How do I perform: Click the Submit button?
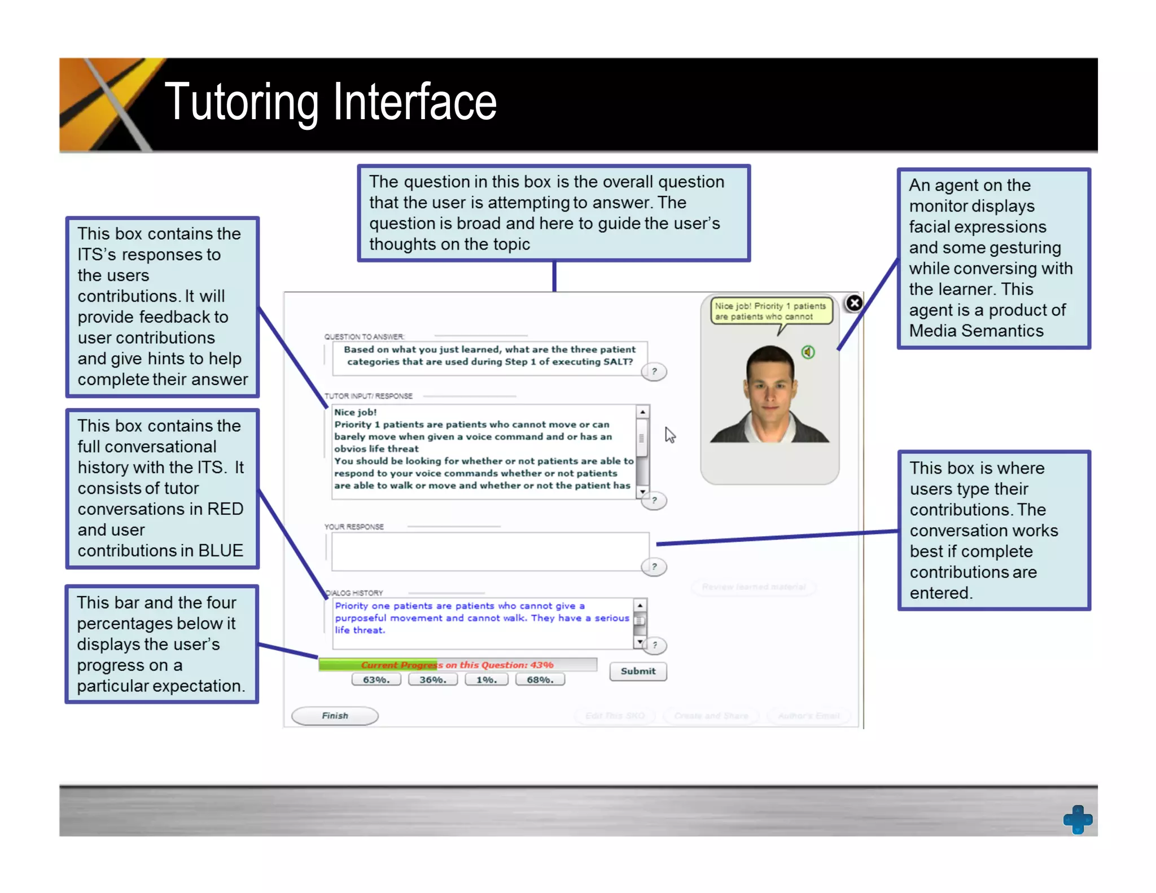(x=638, y=671)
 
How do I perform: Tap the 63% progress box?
(x=376, y=680)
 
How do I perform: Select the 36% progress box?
(x=432, y=680)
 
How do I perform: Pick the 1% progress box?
(x=486, y=680)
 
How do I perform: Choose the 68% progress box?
(x=540, y=680)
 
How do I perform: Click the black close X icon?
(x=854, y=303)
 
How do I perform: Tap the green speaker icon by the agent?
(x=808, y=352)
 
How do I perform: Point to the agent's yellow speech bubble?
(x=770, y=311)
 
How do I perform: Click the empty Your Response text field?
(x=489, y=551)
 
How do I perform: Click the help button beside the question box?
(x=654, y=371)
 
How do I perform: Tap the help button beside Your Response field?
(x=654, y=567)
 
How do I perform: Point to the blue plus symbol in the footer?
(x=1078, y=819)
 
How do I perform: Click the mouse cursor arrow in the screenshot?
(x=669, y=435)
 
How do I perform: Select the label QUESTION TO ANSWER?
(x=364, y=337)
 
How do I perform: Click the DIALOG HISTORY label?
(x=356, y=593)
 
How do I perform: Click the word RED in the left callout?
(x=225, y=509)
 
